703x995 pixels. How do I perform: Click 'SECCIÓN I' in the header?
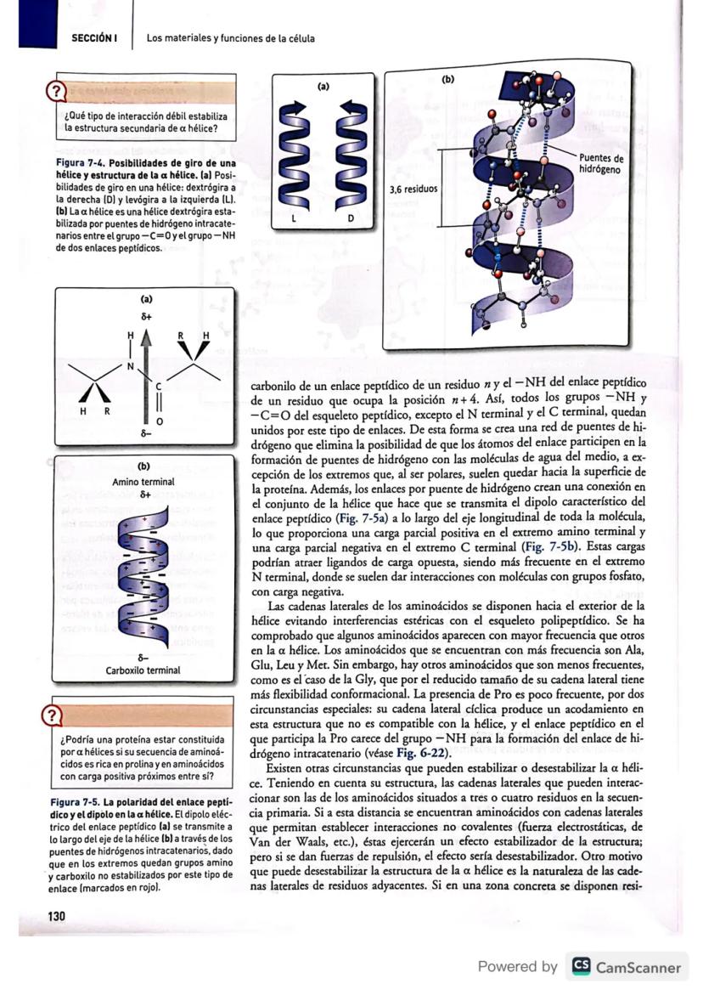[x=93, y=38]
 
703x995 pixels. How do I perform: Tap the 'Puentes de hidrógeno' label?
[x=601, y=164]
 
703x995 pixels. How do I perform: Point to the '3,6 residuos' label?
[x=412, y=189]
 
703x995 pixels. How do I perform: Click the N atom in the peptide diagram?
[x=131, y=367]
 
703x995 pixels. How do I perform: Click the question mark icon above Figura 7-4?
[x=56, y=91]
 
